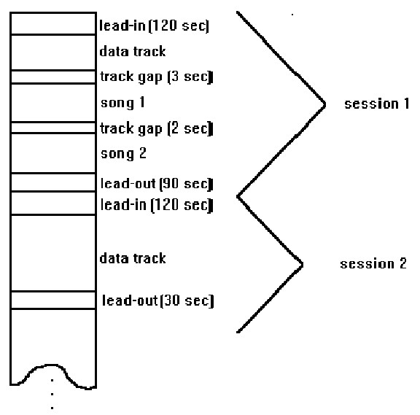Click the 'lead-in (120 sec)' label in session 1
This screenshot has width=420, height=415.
coord(154,26)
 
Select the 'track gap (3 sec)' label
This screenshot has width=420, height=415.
coord(157,77)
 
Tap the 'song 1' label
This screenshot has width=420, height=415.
coord(122,103)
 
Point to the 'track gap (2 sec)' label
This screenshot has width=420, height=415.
coord(157,129)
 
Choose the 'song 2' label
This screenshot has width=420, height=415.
coord(123,154)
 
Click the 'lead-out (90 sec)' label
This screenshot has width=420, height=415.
coord(157,184)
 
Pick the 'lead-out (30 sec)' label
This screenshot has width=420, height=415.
coord(158,301)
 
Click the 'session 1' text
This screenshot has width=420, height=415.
coord(376,104)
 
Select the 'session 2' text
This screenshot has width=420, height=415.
coord(373,263)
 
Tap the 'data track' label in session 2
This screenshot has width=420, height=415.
coord(133,258)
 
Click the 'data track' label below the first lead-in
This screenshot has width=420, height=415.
coord(133,52)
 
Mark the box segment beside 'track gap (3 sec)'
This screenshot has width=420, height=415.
coord(53,77)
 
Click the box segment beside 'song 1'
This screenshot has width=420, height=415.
coord(53,103)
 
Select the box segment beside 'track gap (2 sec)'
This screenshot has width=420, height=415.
coord(53,128)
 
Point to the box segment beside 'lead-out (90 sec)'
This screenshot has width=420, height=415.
coord(53,183)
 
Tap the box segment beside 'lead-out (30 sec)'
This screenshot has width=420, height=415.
coord(53,300)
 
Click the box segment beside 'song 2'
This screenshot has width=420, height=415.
coord(53,153)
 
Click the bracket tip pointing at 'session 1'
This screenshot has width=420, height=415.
coord(324,105)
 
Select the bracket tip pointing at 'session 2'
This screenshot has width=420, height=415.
coord(302,265)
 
